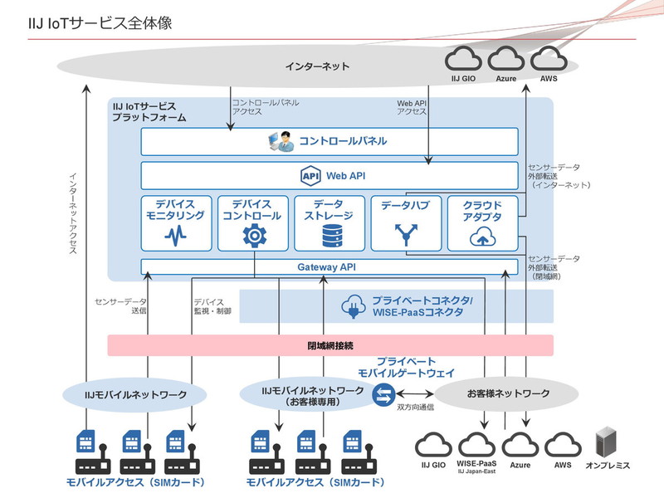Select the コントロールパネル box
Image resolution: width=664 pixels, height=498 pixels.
coord(329,141)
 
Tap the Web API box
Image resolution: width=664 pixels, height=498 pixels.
coord(329,175)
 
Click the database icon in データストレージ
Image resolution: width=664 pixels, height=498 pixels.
coord(330,237)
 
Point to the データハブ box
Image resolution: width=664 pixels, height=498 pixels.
coord(405,223)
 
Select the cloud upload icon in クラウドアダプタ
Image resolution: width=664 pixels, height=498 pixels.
coord(481,238)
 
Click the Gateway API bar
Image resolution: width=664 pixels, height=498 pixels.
coord(329,266)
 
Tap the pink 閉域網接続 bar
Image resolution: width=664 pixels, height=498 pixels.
coord(330,344)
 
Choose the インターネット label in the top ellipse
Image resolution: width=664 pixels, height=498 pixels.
coord(317,66)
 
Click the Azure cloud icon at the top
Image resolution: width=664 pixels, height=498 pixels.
coord(506,59)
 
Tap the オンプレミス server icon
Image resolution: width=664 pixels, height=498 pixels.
coord(608,444)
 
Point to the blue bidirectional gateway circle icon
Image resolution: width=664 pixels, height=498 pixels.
coord(383,398)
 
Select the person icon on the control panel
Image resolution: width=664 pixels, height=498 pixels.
coord(281,141)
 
